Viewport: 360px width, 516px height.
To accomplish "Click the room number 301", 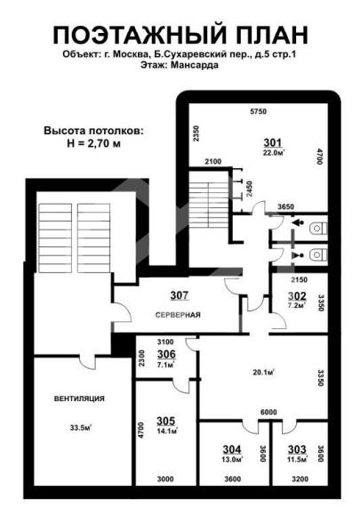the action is coord(273,143).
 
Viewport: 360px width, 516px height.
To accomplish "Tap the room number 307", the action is coord(180,295).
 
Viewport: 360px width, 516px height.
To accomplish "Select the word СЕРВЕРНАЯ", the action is coord(178,315).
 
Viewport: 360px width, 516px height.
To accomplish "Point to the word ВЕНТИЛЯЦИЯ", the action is coord(79,399).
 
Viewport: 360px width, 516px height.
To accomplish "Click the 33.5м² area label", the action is coord(80,428).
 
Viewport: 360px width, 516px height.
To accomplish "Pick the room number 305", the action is coord(165,421).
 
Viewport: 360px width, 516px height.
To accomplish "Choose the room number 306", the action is coord(166,354).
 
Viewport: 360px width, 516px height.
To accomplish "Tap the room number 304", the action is coord(232,449).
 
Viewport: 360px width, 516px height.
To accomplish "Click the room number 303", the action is coord(297,449).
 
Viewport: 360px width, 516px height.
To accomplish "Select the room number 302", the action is coord(297,296).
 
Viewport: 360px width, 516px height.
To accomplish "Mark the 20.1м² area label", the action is coord(264,373).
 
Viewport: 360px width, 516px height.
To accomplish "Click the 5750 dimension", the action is coord(258,111).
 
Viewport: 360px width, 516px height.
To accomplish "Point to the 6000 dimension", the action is coord(268,412).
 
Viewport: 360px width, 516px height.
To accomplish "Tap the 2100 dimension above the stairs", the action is coord(213,162).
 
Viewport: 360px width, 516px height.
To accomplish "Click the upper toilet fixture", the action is coord(318,228).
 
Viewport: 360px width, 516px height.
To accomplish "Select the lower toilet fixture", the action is coord(318,254).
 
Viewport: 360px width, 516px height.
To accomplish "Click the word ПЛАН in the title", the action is coord(271,35).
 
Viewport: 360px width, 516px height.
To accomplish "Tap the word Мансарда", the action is coord(195,65).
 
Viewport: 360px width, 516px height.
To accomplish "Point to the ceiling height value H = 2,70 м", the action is coord(93,144).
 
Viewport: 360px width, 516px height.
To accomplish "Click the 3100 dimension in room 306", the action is coord(165,342).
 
